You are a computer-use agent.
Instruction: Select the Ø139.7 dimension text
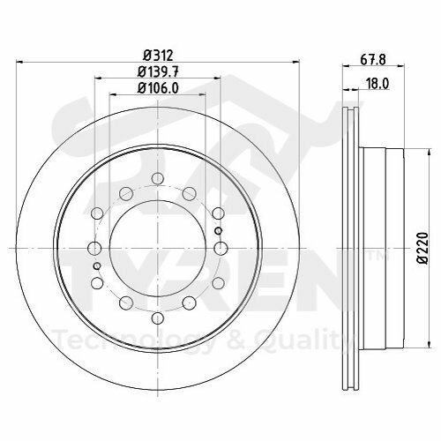tap(156, 71)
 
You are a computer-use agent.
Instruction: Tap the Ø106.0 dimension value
tap(156, 86)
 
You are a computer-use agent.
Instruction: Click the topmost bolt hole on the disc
tap(156, 180)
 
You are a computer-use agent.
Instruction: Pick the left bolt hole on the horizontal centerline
tap(94, 248)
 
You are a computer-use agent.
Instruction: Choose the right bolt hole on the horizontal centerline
tap(219, 248)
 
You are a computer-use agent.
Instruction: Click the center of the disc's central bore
tap(156, 248)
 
